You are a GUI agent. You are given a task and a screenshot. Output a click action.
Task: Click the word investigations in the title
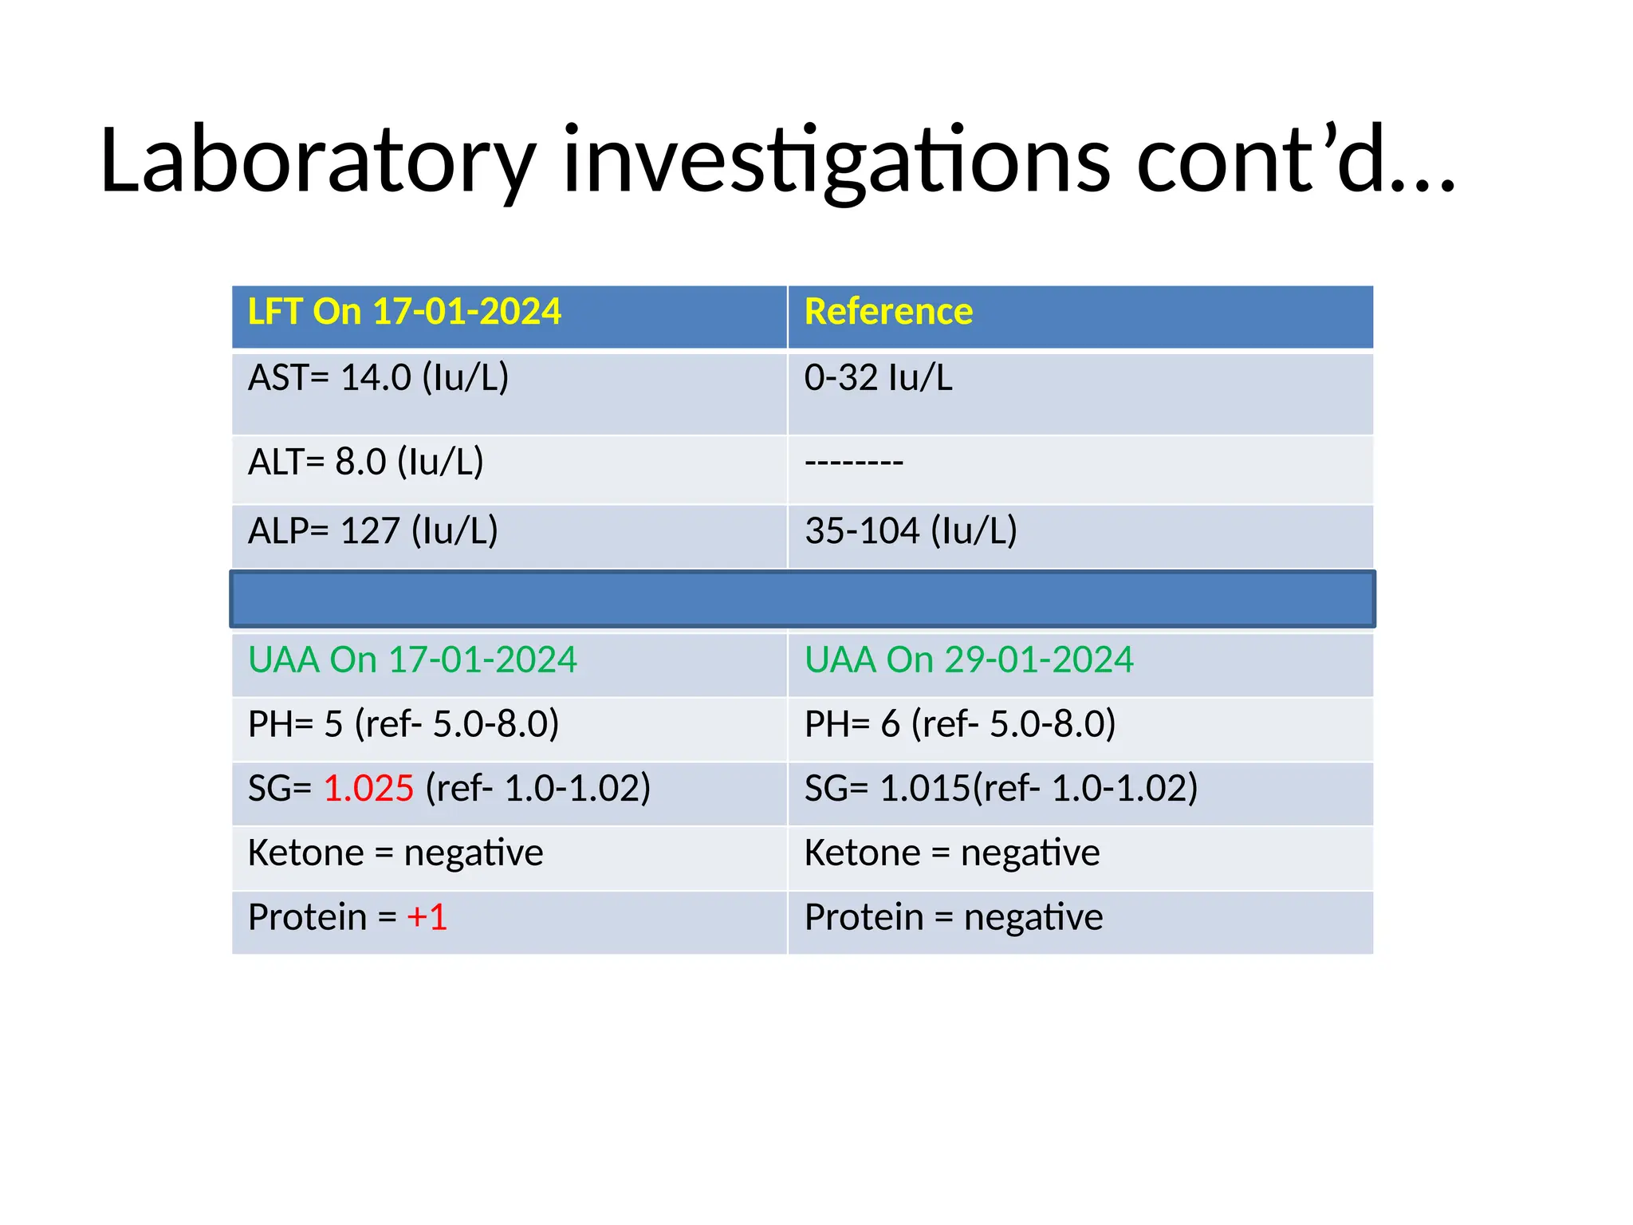tap(836, 162)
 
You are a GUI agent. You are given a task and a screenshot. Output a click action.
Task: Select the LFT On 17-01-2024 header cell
tap(404, 312)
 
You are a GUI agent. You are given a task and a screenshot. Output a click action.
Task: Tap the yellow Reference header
tap(888, 312)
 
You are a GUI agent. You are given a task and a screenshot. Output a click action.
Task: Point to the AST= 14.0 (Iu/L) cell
tap(378, 378)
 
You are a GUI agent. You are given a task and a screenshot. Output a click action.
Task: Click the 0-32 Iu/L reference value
tap(878, 378)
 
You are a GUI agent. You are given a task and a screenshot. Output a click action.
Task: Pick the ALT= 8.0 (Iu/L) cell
tap(366, 463)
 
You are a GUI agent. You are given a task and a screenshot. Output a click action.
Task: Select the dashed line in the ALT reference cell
tap(853, 463)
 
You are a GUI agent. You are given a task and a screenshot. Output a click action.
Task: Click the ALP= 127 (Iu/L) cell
tap(372, 531)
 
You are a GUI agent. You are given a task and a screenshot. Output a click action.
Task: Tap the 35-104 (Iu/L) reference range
tap(911, 531)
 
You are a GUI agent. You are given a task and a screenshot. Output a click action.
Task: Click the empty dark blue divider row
tap(802, 599)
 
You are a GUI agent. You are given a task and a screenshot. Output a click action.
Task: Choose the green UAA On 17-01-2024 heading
tap(412, 660)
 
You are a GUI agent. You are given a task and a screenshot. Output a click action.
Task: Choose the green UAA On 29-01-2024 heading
tap(968, 660)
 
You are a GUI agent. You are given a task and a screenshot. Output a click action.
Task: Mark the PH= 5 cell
tap(403, 724)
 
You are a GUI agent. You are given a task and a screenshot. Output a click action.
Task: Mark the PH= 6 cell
tap(959, 724)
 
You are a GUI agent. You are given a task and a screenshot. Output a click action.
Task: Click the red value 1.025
tap(368, 789)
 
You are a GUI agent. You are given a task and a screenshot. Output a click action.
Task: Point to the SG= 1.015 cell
tap(1000, 789)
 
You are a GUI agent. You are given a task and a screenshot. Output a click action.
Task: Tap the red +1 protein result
tap(427, 917)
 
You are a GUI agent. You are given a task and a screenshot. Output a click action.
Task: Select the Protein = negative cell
tap(953, 917)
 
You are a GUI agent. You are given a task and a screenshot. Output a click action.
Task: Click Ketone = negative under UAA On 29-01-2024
tap(951, 853)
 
